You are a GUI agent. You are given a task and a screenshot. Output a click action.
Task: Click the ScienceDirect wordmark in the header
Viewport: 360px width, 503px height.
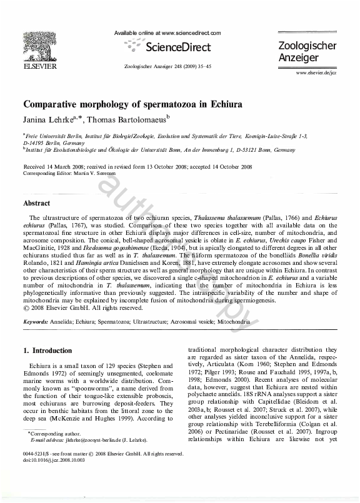coord(177,47)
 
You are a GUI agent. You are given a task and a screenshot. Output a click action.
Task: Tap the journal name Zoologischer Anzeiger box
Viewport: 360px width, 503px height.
coord(307,52)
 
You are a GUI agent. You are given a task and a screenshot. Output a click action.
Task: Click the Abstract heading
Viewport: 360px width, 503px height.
coord(37,203)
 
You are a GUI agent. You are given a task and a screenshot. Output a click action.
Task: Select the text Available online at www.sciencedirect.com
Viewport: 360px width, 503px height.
coord(169,32)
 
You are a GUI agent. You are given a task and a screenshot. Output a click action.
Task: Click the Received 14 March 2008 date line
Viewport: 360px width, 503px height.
coord(137,167)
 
